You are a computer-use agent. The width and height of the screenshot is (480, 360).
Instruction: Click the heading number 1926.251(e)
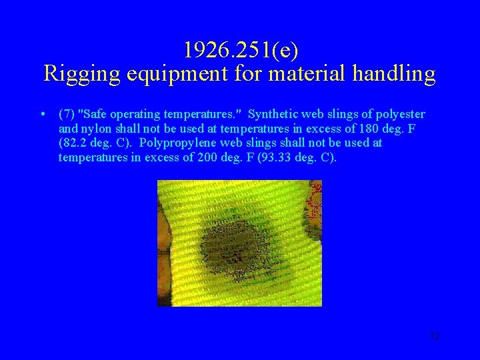coord(240,50)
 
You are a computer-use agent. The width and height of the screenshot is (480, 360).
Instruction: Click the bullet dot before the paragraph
coord(42,115)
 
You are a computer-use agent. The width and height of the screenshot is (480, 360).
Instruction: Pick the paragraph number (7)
coord(67,114)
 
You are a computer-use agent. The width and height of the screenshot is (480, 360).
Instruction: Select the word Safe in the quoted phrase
coord(94,114)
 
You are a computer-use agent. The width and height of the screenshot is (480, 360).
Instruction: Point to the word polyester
coord(402,114)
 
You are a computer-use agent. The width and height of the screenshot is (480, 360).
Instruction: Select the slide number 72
coord(435,337)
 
